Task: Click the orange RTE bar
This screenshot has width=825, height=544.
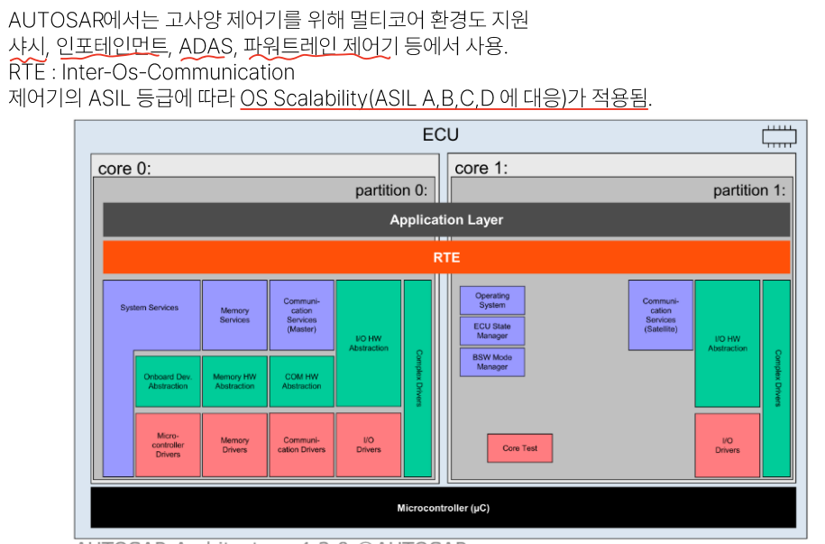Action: (x=446, y=257)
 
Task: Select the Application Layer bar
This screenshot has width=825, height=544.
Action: (x=446, y=220)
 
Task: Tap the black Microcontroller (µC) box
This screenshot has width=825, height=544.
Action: (x=443, y=508)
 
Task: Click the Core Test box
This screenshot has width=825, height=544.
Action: (x=519, y=448)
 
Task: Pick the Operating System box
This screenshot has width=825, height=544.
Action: (x=492, y=300)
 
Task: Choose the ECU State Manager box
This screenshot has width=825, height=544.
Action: (x=492, y=331)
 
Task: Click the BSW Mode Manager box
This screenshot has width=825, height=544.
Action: (x=492, y=362)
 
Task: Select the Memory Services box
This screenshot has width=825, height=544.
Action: (x=234, y=315)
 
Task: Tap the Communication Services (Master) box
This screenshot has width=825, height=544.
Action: (x=302, y=315)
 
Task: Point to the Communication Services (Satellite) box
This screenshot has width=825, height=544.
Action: (x=660, y=315)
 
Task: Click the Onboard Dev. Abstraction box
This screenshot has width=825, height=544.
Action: (x=168, y=382)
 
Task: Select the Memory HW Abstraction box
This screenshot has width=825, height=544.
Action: (x=234, y=382)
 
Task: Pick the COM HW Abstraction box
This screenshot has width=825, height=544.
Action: (x=302, y=382)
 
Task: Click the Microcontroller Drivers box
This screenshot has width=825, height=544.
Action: (x=168, y=445)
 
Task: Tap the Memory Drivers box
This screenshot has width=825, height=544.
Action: (x=234, y=445)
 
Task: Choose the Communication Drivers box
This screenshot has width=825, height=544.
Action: (x=302, y=445)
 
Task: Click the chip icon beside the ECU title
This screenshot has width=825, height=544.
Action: (x=778, y=137)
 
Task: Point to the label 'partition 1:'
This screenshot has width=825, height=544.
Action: (x=748, y=190)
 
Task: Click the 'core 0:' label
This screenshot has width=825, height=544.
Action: (x=124, y=169)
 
